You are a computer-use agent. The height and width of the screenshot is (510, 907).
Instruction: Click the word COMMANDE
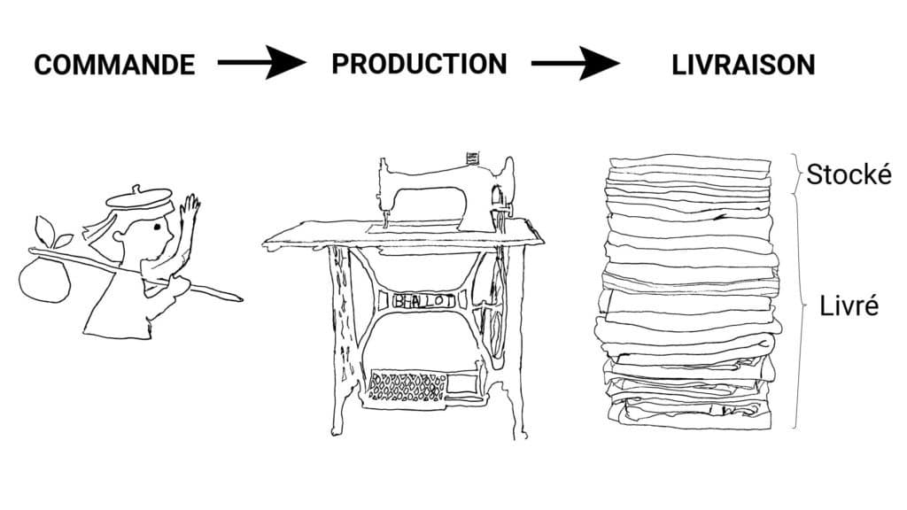click(x=114, y=65)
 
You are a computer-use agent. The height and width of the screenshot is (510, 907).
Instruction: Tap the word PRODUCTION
click(x=419, y=64)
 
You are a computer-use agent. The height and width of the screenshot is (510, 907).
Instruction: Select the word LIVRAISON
click(x=743, y=65)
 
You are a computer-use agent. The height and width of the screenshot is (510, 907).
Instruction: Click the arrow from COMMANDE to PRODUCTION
click(x=261, y=62)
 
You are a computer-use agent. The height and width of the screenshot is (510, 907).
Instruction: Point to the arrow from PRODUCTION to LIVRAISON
click(x=576, y=63)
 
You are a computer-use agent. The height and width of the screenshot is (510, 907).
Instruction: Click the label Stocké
click(x=849, y=174)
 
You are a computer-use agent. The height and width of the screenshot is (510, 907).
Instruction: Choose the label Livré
click(x=849, y=305)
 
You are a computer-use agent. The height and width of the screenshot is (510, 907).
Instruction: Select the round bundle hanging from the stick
click(x=44, y=280)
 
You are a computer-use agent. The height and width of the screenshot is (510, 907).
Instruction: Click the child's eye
click(x=157, y=227)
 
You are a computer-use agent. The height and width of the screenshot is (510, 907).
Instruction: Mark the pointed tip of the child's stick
click(x=242, y=299)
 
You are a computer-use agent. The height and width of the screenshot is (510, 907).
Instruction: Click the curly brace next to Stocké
click(x=796, y=174)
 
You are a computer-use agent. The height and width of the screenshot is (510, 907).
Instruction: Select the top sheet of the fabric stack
click(x=690, y=163)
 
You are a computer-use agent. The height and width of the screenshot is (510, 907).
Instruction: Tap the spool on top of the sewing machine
click(x=473, y=158)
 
